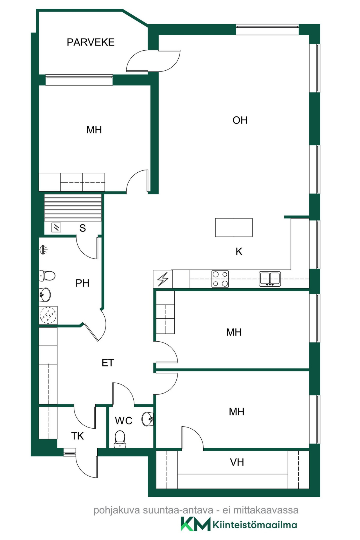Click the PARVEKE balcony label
(91, 42)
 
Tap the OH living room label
(240, 120)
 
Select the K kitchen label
(239, 251)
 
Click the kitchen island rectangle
(234, 228)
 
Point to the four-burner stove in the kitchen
(220, 279)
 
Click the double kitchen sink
(270, 279)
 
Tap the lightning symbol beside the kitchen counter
(163, 279)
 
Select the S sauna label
(82, 228)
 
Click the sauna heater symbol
(56, 227)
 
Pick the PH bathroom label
(82, 283)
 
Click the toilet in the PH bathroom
(47, 276)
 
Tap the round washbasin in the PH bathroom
(45, 295)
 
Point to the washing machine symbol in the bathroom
(48, 315)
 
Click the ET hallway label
(108, 363)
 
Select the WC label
(123, 421)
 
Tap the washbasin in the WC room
(147, 419)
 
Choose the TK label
(77, 436)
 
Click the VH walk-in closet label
(237, 462)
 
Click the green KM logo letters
(195, 524)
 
